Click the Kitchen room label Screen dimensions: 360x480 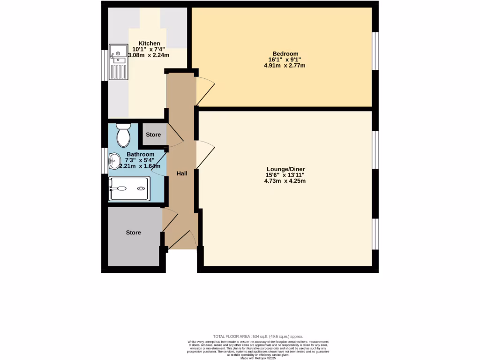click(149, 43)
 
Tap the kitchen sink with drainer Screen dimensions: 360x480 click(118, 62)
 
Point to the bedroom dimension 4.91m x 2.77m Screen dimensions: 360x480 click(285, 66)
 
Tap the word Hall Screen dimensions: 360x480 click(182, 173)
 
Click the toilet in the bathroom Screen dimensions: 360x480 click(124, 135)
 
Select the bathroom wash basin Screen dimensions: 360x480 click(114, 161)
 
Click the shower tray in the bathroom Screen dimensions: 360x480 click(129, 188)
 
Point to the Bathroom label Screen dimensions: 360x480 click(140, 154)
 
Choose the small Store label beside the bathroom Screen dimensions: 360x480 click(153, 135)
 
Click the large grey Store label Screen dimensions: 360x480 click(133, 232)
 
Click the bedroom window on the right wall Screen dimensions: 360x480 click(375, 51)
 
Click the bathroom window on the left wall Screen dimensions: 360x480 click(105, 161)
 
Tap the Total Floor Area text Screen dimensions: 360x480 click(258, 337)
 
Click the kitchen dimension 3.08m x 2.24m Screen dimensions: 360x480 click(149, 55)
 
